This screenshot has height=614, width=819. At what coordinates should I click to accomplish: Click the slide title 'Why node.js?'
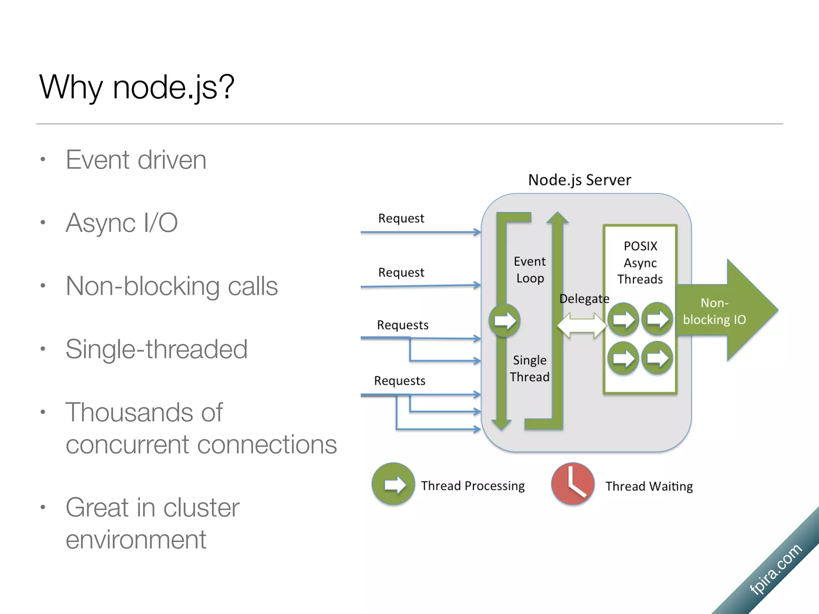(137, 87)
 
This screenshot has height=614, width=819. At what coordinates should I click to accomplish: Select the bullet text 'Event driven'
(136, 160)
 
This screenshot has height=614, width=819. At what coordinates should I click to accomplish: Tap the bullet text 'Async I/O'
(122, 223)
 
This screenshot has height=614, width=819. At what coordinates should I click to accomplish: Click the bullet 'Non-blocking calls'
(172, 286)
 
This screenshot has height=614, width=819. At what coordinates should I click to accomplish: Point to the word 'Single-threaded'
(156, 349)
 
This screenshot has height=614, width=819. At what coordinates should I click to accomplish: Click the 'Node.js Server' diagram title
(579, 180)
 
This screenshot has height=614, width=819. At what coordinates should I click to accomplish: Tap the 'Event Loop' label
(530, 270)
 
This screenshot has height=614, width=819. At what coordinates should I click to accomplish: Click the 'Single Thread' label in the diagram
(529, 369)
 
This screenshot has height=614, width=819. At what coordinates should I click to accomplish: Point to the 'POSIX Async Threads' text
(640, 263)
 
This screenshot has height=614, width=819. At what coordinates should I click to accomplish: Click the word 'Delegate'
(584, 299)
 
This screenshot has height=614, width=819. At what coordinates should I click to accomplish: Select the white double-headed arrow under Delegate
(582, 325)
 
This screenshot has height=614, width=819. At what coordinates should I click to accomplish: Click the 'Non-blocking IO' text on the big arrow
(714, 311)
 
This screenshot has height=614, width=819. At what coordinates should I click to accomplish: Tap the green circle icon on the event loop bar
(505, 321)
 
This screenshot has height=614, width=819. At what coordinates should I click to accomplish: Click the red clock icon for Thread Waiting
(573, 484)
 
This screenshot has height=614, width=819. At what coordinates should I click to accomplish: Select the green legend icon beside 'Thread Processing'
(394, 484)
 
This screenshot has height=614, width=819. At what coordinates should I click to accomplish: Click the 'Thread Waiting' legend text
(649, 486)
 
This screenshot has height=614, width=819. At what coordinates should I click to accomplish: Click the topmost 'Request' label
(401, 218)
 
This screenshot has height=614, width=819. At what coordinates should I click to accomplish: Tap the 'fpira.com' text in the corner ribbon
(775, 570)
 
